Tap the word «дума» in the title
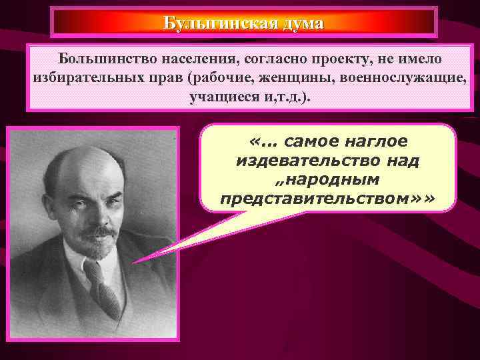303,23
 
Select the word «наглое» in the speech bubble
374,142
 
